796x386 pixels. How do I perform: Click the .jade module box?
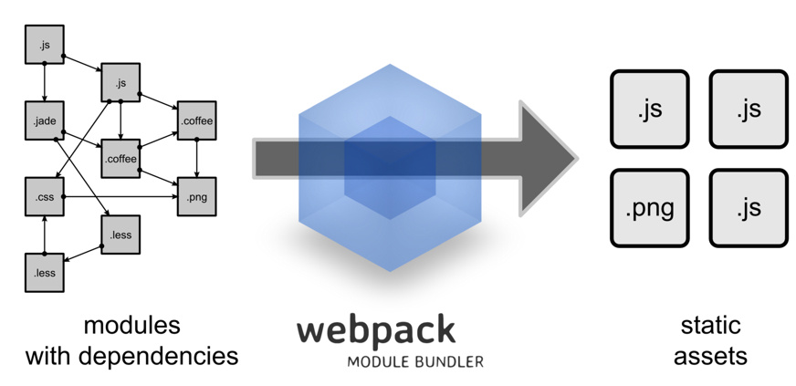tap(44, 120)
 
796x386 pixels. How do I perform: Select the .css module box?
tap(44, 196)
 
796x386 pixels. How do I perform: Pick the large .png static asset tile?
tap(650, 208)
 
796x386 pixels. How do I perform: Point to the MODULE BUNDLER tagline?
tap(414, 361)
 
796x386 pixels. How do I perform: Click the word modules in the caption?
tap(131, 326)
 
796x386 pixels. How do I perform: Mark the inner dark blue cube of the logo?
tap(388, 168)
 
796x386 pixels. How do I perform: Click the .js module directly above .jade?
tap(44, 44)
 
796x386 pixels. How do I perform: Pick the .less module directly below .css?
tap(44, 272)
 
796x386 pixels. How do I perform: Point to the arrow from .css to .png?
tap(119, 196)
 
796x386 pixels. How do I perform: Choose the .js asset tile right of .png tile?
tap(748, 208)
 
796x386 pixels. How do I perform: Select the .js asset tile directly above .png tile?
tap(650, 110)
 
